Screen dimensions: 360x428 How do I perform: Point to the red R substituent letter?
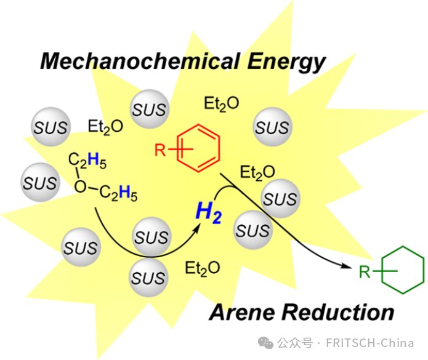pyautogui.click(x=160, y=150)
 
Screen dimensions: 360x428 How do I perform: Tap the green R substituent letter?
pyautogui.click(x=365, y=271)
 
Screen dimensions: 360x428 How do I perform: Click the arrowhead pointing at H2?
pyautogui.click(x=200, y=226)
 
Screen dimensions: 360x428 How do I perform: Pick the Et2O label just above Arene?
pyautogui.click(x=203, y=268)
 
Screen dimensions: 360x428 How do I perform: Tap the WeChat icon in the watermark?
pyautogui.click(x=266, y=343)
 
